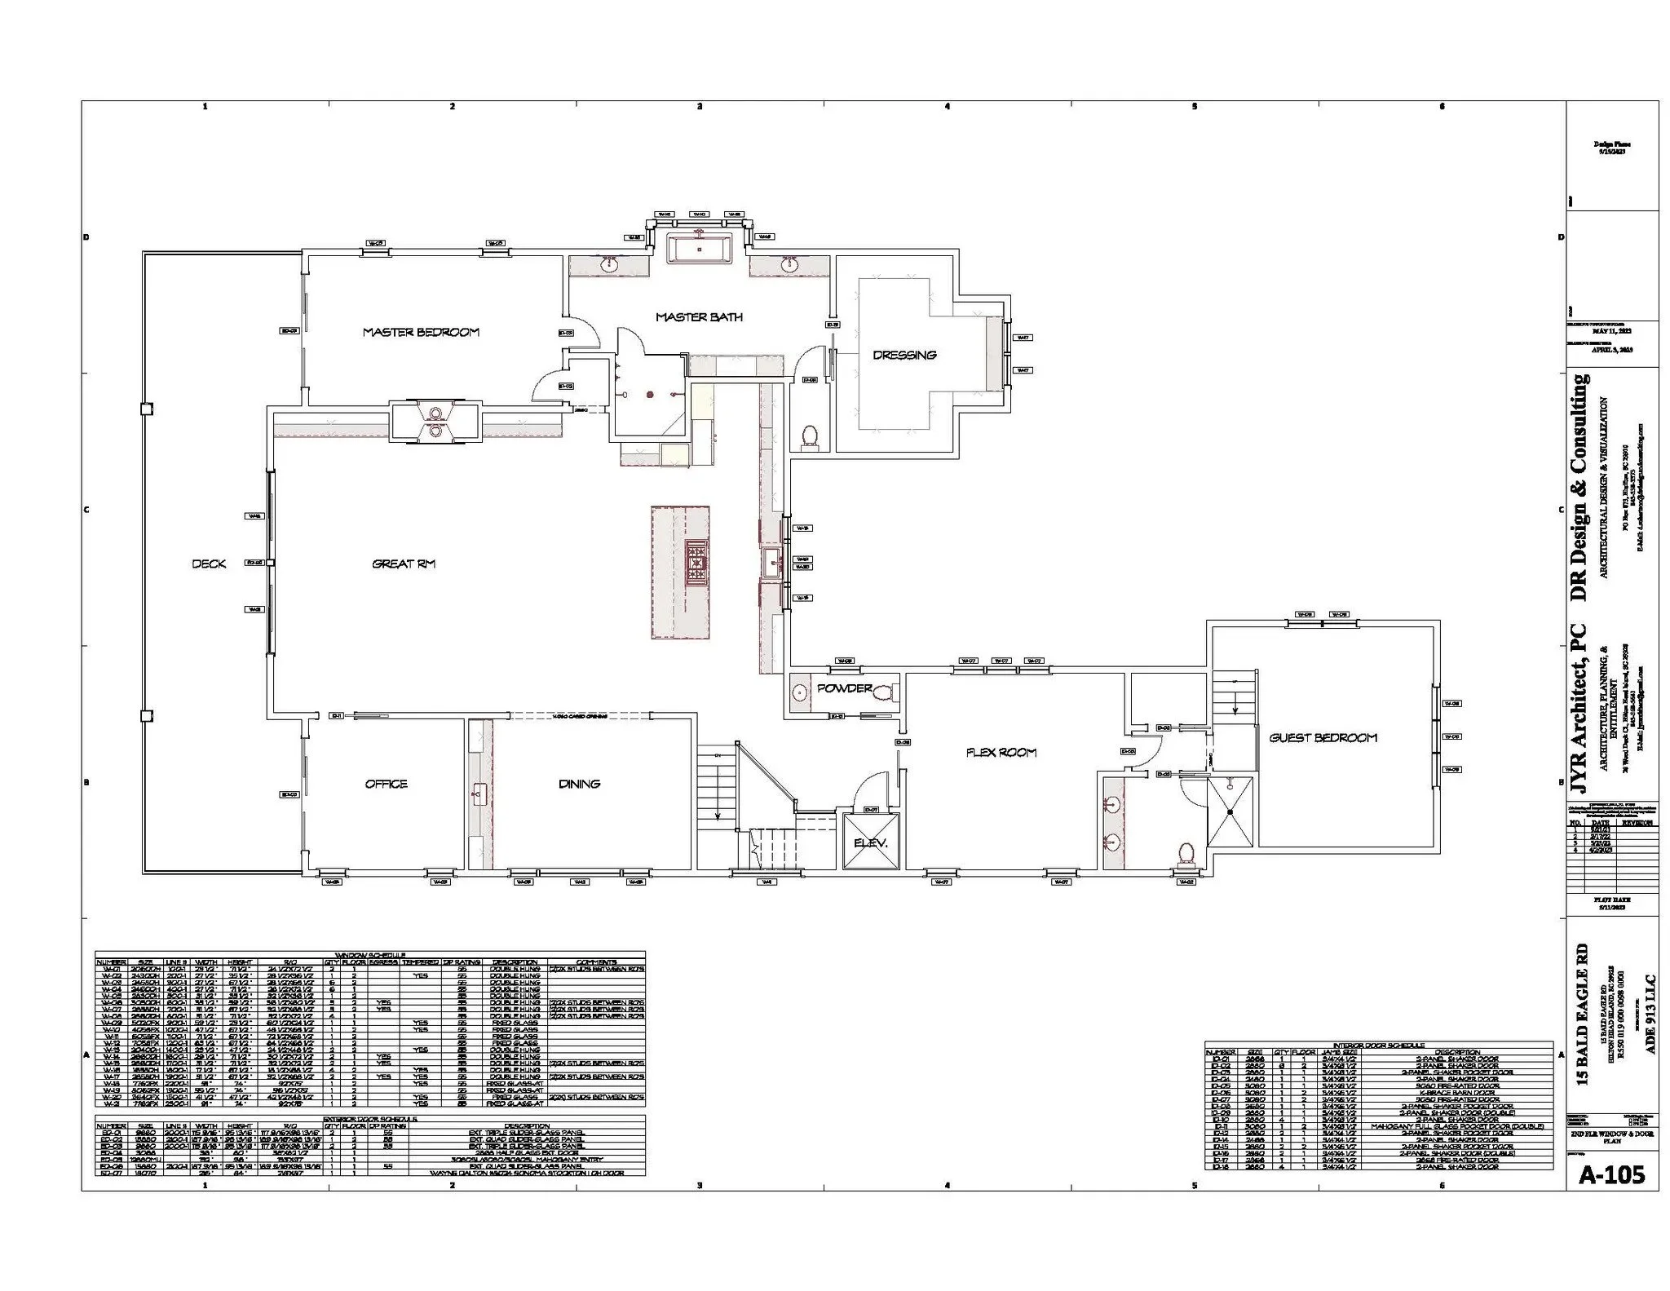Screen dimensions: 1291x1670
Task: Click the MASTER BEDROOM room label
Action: click(421, 332)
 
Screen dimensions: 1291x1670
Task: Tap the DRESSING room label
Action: click(904, 355)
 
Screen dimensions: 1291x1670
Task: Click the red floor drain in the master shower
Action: click(650, 395)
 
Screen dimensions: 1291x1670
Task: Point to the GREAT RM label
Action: click(404, 564)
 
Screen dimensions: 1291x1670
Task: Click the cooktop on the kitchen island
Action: click(698, 563)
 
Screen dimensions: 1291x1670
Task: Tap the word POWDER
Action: click(845, 688)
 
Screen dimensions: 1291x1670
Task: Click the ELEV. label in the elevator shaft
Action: click(870, 842)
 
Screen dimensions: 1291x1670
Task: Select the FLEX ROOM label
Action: click(1001, 753)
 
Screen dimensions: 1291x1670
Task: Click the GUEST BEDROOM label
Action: click(1323, 737)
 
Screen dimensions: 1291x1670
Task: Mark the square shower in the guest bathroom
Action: click(1229, 812)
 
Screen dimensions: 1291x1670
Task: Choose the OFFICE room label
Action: click(386, 784)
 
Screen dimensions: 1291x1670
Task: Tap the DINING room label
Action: click(580, 784)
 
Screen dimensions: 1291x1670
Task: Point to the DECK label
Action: click(209, 564)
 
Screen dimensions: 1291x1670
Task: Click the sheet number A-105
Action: click(1611, 1174)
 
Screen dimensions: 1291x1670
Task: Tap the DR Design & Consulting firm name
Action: click(1579, 489)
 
